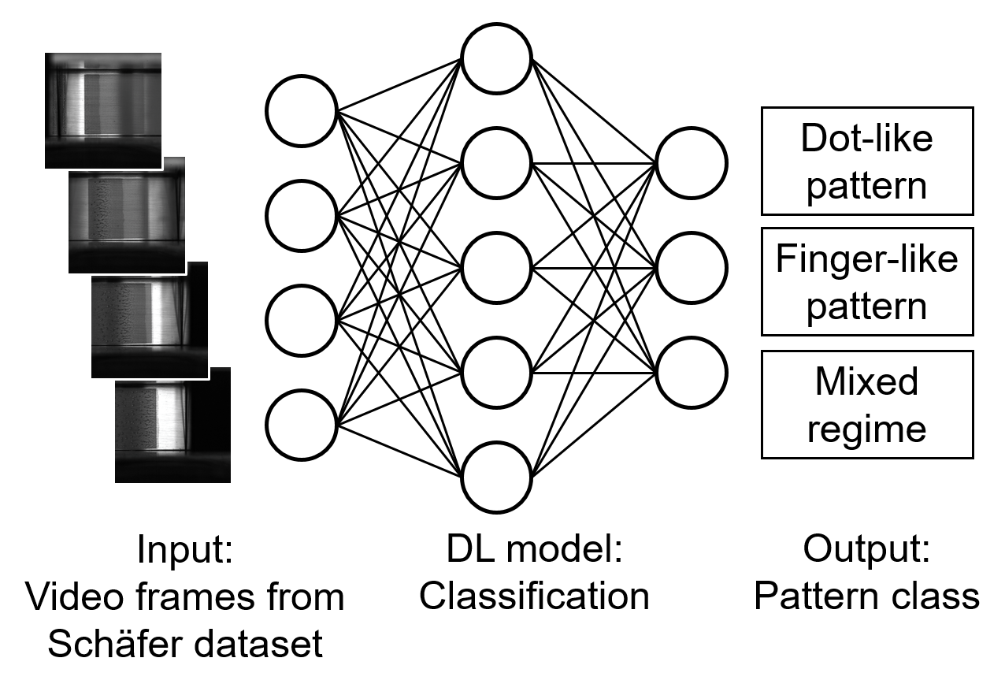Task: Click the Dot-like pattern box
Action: pyautogui.click(x=867, y=162)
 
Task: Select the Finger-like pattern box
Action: pyautogui.click(x=867, y=282)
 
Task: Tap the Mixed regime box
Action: pyautogui.click(x=867, y=404)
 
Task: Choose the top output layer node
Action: pyautogui.click(x=692, y=164)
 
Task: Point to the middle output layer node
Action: pyautogui.click(x=692, y=268)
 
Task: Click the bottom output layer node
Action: pyautogui.click(x=692, y=374)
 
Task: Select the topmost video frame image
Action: pyautogui.click(x=103, y=110)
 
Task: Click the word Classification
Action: pyautogui.click(x=534, y=597)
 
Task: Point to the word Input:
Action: pyautogui.click(x=185, y=549)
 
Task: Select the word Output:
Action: pyautogui.click(x=866, y=549)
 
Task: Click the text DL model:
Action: pyautogui.click(x=535, y=549)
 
